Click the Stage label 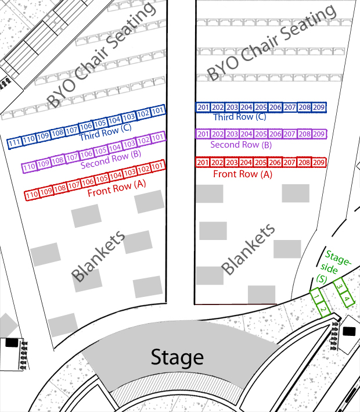tap(177, 357)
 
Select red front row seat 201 tap(203, 162)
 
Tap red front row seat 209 tap(319, 162)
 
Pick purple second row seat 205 tap(261, 134)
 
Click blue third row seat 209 tap(319, 108)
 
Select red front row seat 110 tap(31, 194)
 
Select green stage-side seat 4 tap(347, 300)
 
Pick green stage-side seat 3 tap(339, 286)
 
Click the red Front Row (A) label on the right tap(243, 174)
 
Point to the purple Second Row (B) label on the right tap(241, 145)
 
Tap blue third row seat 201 tap(203, 108)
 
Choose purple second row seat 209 tap(319, 134)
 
